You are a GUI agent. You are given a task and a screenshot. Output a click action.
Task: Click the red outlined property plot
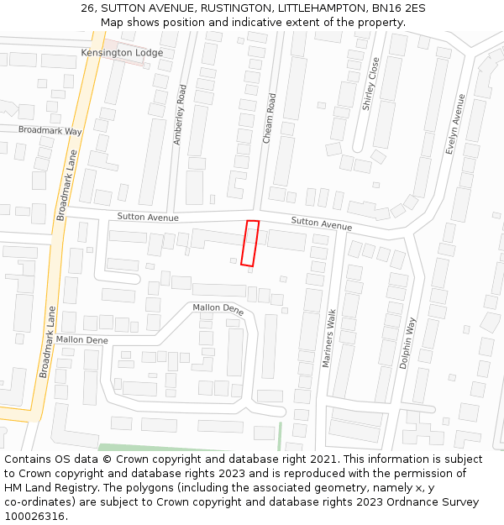[x=249, y=244]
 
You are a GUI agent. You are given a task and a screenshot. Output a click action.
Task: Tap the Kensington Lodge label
[x=122, y=53]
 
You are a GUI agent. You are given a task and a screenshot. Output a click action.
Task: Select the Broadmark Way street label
[x=50, y=131]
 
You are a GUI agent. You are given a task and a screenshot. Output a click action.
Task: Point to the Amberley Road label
[x=180, y=114]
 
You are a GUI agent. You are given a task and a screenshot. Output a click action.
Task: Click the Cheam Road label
[x=270, y=118]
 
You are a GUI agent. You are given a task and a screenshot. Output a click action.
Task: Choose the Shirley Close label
[x=370, y=84]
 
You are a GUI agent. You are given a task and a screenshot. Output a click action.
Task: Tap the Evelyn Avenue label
[x=454, y=123]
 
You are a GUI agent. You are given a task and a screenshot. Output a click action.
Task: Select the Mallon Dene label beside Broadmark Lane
[x=81, y=340]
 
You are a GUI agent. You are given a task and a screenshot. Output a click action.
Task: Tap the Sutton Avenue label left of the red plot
[x=148, y=217]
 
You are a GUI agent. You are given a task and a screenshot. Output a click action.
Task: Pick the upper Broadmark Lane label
[x=66, y=186]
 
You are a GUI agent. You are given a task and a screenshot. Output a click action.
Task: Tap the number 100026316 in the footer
[x=34, y=517]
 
